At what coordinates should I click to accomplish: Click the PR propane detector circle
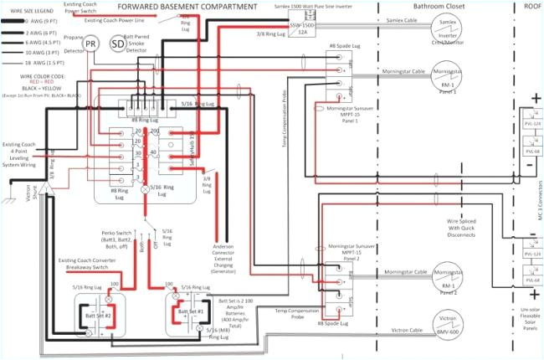click(x=92, y=43)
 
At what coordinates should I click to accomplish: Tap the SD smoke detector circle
click(x=118, y=43)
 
